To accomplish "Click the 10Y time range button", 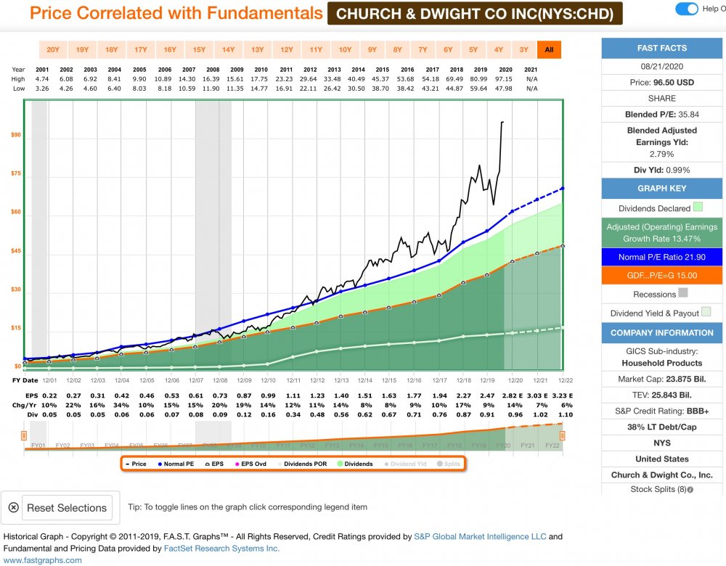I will pyautogui.click(x=345, y=49).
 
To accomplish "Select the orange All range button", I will pyautogui.click(x=549, y=49).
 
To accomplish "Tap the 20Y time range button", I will pyautogui.click(x=53, y=49).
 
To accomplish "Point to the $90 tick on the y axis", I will pyautogui.click(x=15, y=135).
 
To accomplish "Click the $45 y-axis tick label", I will pyautogui.click(x=15, y=251).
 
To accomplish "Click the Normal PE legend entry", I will pyautogui.click(x=177, y=464).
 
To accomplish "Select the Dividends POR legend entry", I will pyautogui.click(x=306, y=464).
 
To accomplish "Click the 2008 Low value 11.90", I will pyautogui.click(x=211, y=88).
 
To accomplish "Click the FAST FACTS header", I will pyautogui.click(x=662, y=48).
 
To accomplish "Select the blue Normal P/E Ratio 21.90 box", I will pyautogui.click(x=662, y=258).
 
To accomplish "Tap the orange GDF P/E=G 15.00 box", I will pyautogui.click(x=662, y=276).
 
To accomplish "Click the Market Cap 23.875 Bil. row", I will pyautogui.click(x=662, y=378).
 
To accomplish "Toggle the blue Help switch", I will pyautogui.click(x=686, y=9).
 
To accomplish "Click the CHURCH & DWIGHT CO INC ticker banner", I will pyautogui.click(x=475, y=13).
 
